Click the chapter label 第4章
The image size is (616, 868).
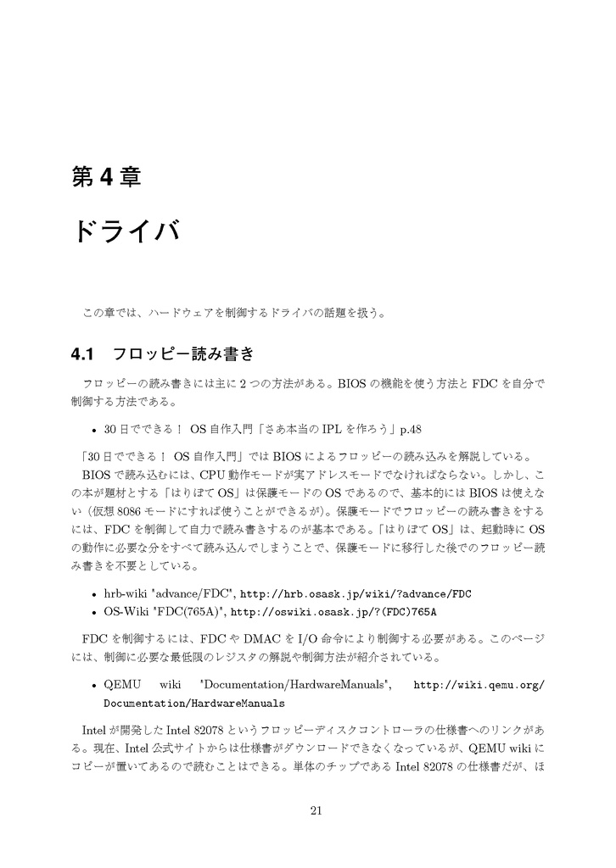point(105,176)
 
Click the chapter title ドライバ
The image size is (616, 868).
point(126,231)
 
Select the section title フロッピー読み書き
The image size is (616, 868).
point(184,353)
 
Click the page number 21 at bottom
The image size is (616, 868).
point(316,811)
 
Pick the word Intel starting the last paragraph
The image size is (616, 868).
point(93,730)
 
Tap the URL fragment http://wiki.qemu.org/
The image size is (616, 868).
point(478,686)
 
